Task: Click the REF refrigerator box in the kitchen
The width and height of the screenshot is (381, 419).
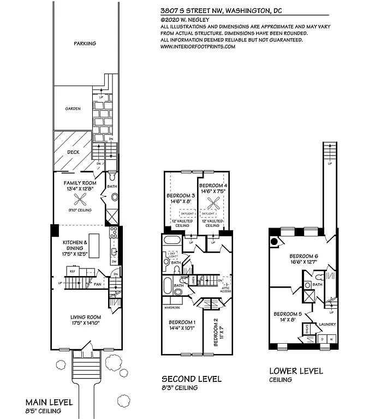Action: pyautogui.click(x=73, y=271)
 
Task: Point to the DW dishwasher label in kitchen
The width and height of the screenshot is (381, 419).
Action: pyautogui.click(x=114, y=261)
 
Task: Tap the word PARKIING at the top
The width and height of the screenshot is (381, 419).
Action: pyautogui.click(x=85, y=44)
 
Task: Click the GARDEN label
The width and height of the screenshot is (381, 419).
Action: pyautogui.click(x=73, y=109)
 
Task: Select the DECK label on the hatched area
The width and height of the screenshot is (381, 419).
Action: pyautogui.click(x=73, y=152)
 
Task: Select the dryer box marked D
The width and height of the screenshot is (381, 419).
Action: pyautogui.click(x=322, y=340)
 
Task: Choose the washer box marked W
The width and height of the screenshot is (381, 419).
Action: pyautogui.click(x=331, y=340)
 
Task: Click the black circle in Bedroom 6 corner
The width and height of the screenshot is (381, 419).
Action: pyautogui.click(x=275, y=241)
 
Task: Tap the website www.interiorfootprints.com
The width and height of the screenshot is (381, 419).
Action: pyautogui.click(x=198, y=47)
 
